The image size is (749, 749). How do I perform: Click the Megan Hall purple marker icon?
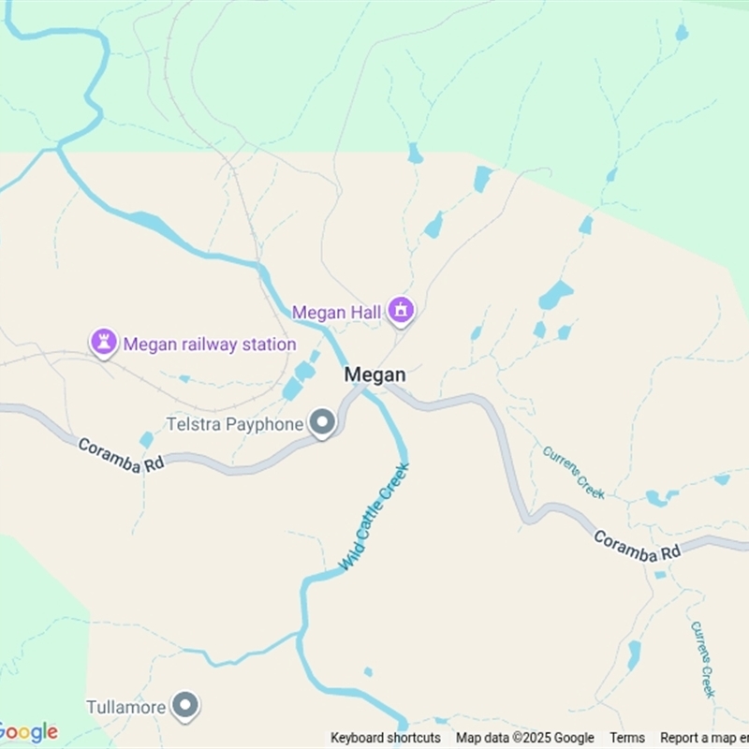tap(402, 309)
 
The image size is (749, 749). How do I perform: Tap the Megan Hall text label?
tap(336, 312)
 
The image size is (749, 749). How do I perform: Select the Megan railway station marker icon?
tap(103, 343)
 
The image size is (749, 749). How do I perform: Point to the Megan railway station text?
tap(210, 345)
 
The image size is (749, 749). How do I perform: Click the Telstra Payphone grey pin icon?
tap(323, 423)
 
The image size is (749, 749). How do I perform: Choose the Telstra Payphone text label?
tap(234, 424)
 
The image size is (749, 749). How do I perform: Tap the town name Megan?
tap(375, 374)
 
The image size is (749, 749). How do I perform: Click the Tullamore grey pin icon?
tap(186, 706)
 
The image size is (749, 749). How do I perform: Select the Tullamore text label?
tap(126, 707)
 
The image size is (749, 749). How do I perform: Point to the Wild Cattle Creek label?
tap(374, 517)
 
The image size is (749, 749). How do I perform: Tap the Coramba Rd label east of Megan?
tap(636, 546)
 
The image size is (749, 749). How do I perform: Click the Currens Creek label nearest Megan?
tap(573, 472)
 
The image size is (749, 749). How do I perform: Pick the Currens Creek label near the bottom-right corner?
tap(703, 658)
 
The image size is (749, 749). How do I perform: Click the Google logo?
tap(28, 731)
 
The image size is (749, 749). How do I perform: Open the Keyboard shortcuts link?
tap(386, 738)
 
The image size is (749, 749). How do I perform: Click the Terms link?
tap(627, 738)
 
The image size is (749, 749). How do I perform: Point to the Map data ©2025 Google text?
tap(525, 738)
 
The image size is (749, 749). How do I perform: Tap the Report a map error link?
tap(704, 738)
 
